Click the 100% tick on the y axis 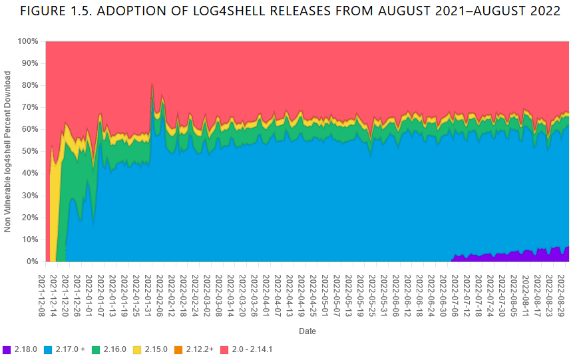coord(27,41)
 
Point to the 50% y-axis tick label coord(29,152)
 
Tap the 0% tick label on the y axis coord(32,262)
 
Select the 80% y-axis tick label coord(29,85)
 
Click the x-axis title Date coord(307,331)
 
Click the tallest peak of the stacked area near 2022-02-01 coord(152,85)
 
